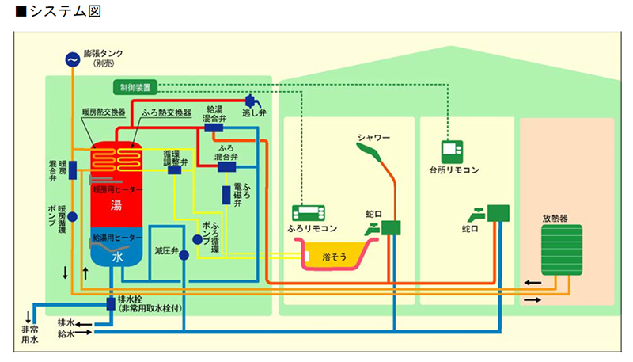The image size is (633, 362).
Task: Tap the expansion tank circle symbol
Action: pyautogui.click(x=72, y=59)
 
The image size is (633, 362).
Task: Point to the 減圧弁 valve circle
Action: pyautogui.click(x=184, y=254)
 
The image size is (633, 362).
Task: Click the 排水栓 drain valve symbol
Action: pyautogui.click(x=112, y=303)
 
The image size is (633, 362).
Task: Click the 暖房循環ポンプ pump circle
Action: pyautogui.click(x=72, y=216)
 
